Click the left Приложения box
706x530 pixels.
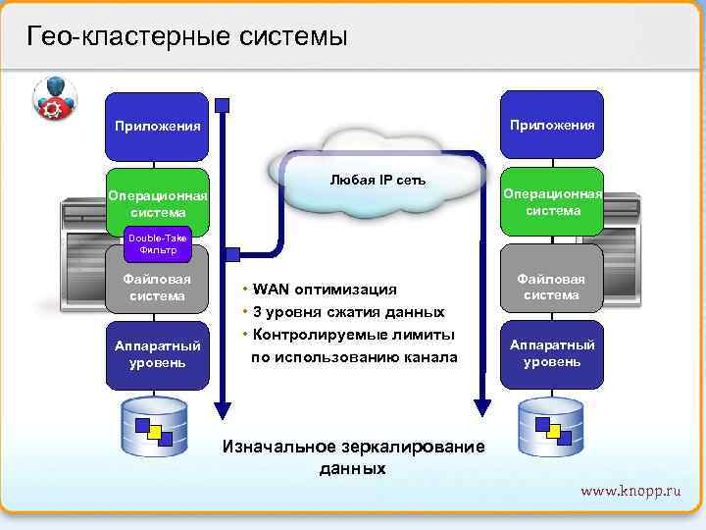157,127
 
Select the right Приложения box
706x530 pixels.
552,125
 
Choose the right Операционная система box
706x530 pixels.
552,202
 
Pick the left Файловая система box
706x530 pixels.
157,287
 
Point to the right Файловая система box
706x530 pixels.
552,287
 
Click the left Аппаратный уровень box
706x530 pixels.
157,354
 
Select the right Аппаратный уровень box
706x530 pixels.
552,353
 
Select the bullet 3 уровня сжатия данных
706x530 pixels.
348,312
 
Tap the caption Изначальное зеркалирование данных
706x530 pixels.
354,457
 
